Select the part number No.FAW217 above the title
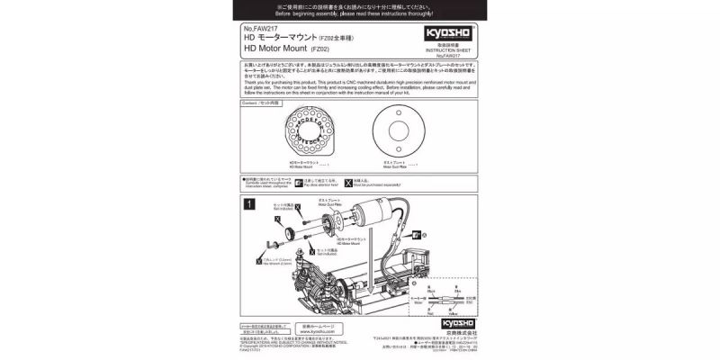[258, 28]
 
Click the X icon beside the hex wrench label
[260, 262]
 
